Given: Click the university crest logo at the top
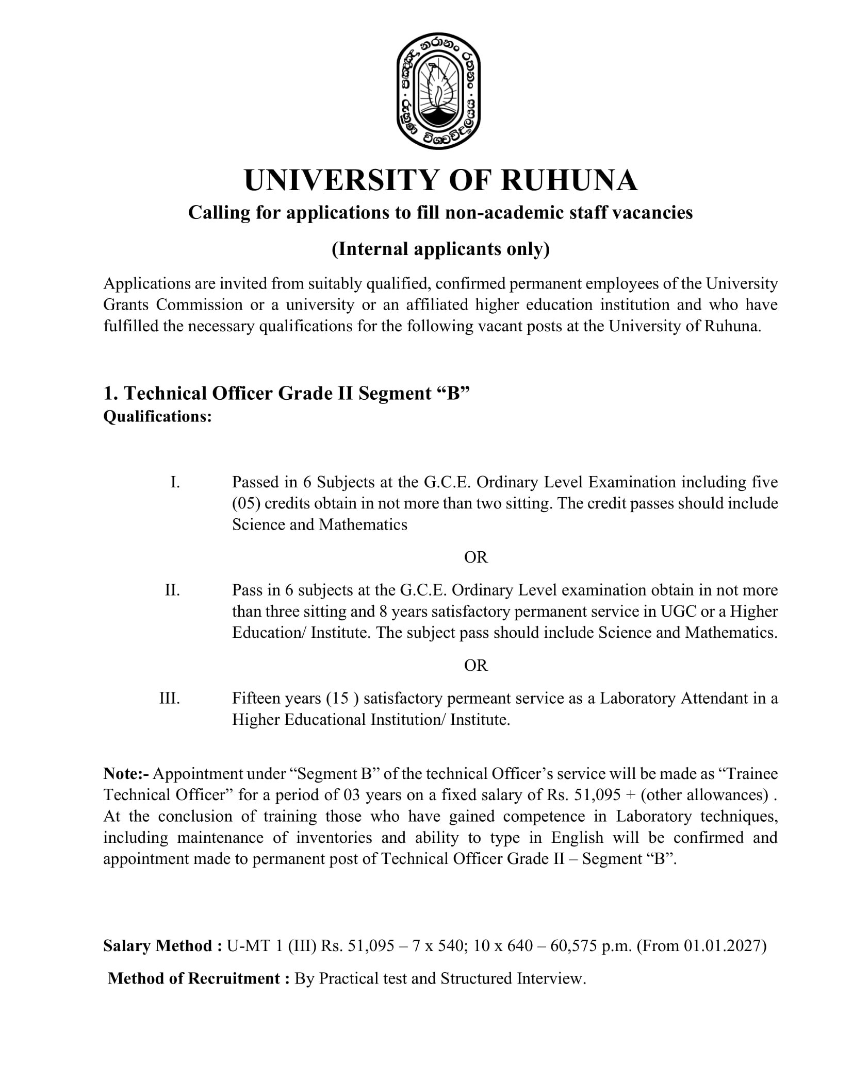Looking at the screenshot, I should (x=438, y=94).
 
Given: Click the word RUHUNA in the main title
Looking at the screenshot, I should (x=569, y=180).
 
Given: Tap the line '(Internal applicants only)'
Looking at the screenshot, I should (x=440, y=249).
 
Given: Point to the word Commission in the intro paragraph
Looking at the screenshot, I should (x=199, y=305).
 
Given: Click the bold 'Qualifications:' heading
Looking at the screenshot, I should (x=157, y=416).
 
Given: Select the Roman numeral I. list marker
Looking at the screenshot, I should (x=175, y=482).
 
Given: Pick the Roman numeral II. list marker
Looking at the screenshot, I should (x=172, y=590).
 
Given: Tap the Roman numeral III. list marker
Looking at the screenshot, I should (x=170, y=698).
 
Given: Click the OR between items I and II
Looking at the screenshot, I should (x=475, y=557).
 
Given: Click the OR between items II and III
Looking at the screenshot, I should (x=475, y=665).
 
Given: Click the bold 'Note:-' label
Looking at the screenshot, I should (x=126, y=774).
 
